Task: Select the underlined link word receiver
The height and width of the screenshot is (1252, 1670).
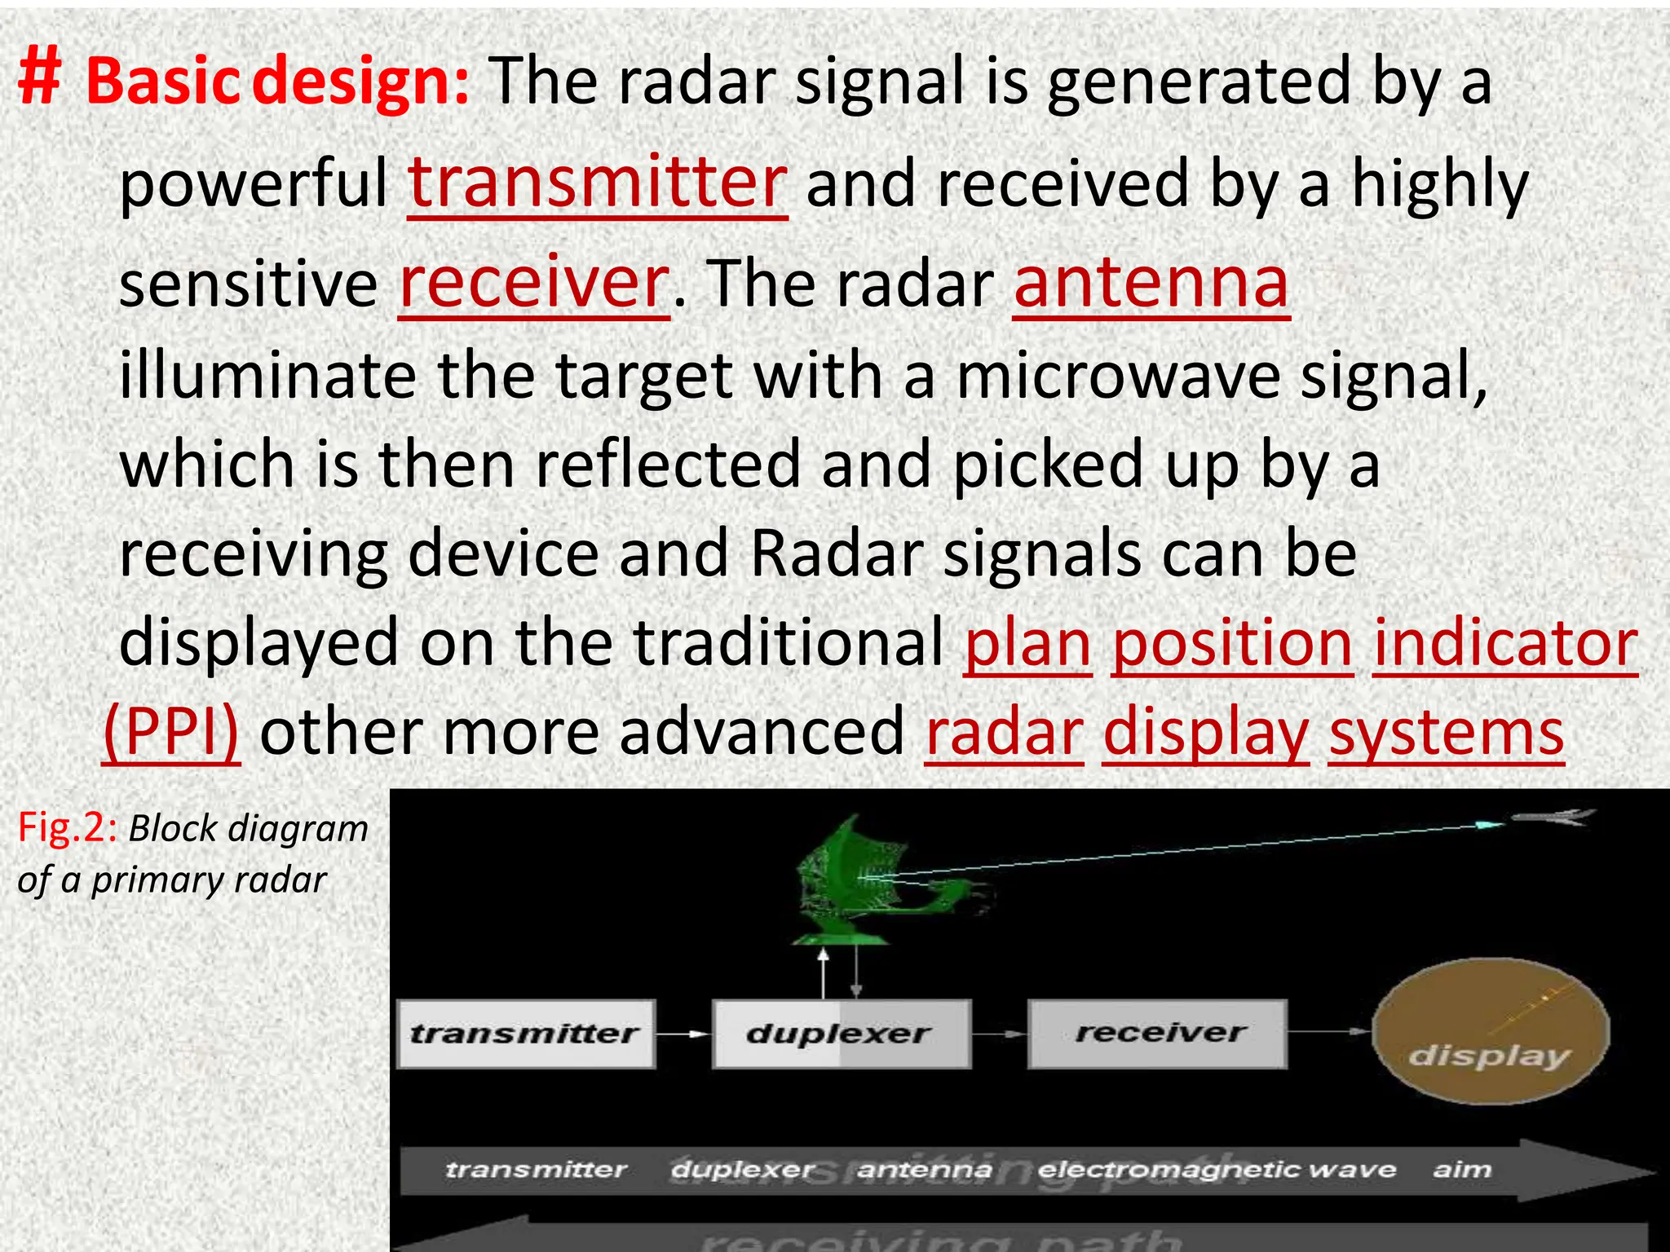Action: coord(534,283)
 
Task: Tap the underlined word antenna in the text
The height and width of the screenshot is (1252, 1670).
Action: coord(1151,283)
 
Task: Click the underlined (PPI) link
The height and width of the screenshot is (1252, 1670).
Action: coord(171,731)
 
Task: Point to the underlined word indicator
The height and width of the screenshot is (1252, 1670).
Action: coord(1505,643)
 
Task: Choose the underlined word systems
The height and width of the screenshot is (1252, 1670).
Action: coord(1446,731)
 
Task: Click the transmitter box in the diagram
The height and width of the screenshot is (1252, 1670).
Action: coord(526,1034)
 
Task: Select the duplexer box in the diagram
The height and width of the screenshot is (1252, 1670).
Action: coord(841,1034)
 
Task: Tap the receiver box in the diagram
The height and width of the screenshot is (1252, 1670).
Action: coord(1158,1034)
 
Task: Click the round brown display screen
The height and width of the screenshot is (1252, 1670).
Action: coord(1491,1031)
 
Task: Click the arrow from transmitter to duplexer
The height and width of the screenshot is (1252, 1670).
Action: coord(683,1034)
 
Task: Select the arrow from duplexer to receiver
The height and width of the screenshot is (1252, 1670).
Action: coord(1000,1034)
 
